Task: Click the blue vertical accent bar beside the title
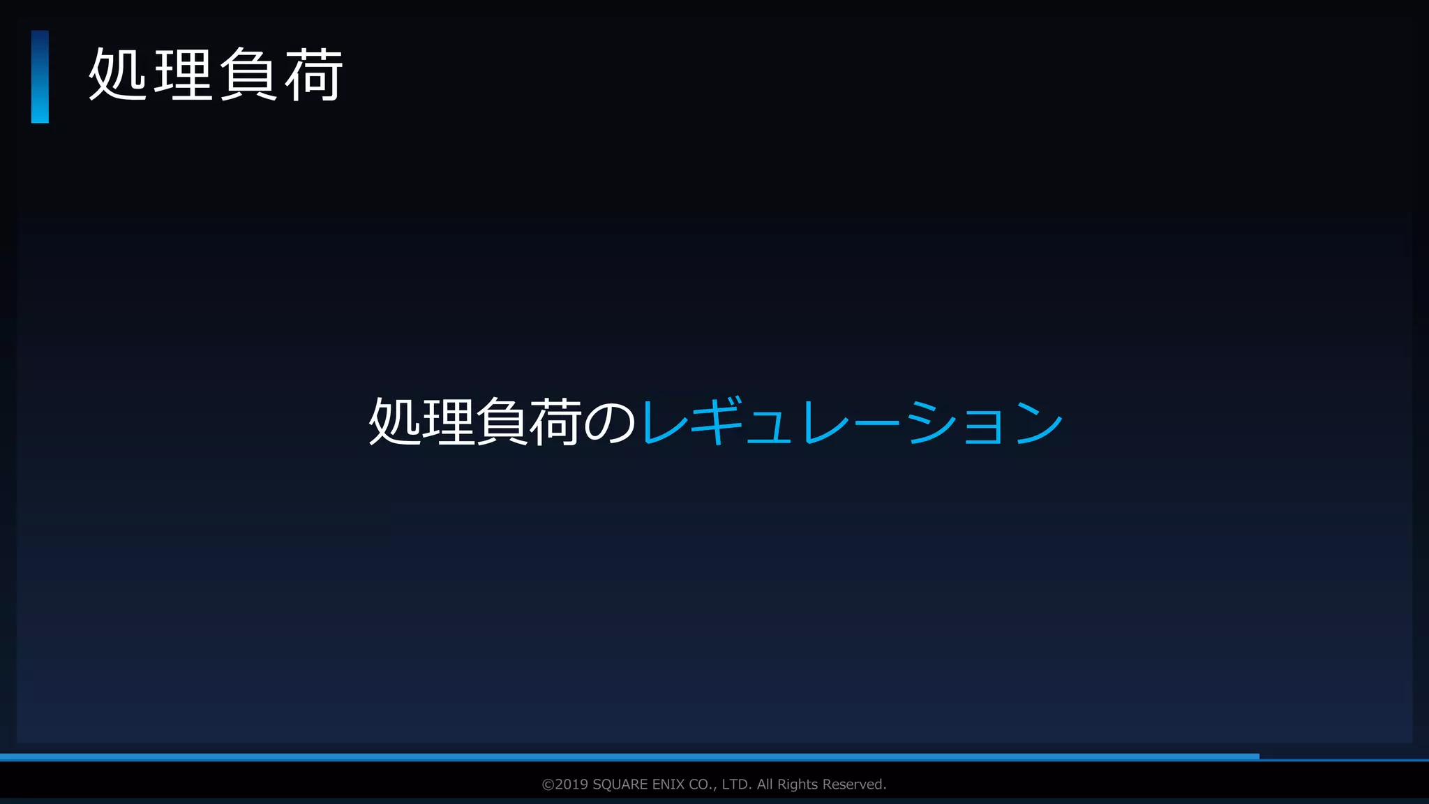coord(40,77)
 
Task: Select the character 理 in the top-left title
coord(183,75)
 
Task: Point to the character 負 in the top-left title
coord(248,75)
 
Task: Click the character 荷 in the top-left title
coord(313,75)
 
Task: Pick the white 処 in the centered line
coord(394,422)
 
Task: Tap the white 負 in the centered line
coord(501,422)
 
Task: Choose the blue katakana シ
coord(931,422)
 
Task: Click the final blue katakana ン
coord(1038,422)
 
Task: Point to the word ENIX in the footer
coord(668,784)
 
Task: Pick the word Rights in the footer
coord(798,784)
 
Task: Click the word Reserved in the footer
coord(853,784)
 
